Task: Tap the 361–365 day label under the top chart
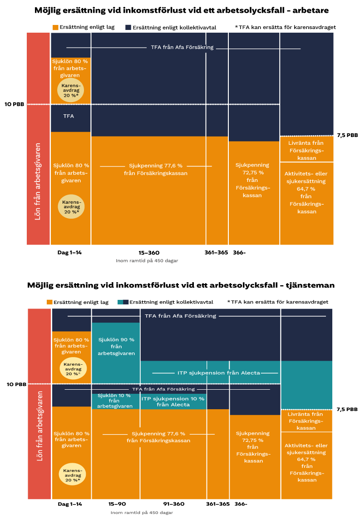pyautogui.click(x=217, y=252)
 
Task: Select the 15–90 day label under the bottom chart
pyautogui.click(x=117, y=504)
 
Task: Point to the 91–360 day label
pyautogui.click(x=174, y=504)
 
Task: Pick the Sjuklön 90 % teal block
pyautogui.click(x=116, y=346)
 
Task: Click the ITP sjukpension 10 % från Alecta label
pyautogui.click(x=173, y=401)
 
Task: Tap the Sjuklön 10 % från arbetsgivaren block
pyautogui.click(x=115, y=401)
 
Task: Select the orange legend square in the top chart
pyautogui.click(x=55, y=27)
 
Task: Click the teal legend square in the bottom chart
pyautogui.click(x=120, y=302)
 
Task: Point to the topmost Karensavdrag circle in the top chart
pyautogui.click(x=70, y=89)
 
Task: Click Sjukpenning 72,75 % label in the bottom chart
pyautogui.click(x=253, y=447)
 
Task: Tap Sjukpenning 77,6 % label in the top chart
pyautogui.click(x=156, y=169)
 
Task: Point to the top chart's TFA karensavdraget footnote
pyautogui.click(x=285, y=27)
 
